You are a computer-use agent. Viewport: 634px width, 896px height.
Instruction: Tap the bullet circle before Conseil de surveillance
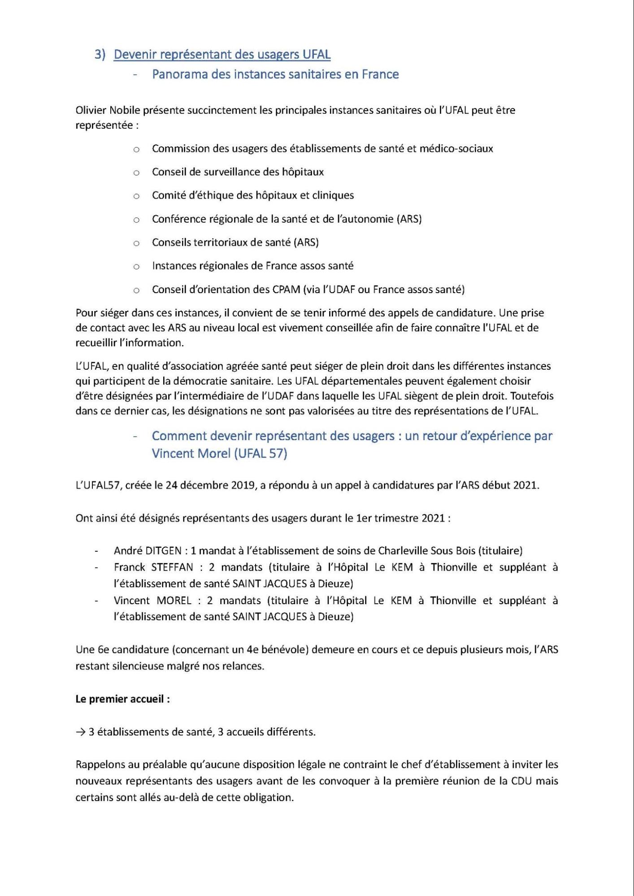(x=136, y=173)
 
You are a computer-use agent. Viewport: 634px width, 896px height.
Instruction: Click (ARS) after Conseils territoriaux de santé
(x=306, y=242)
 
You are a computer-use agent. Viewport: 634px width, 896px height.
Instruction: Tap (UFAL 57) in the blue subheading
(x=261, y=454)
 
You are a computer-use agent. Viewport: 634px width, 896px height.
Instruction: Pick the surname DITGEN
(x=164, y=551)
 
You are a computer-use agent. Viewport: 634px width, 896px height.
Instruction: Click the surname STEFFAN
(x=172, y=567)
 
